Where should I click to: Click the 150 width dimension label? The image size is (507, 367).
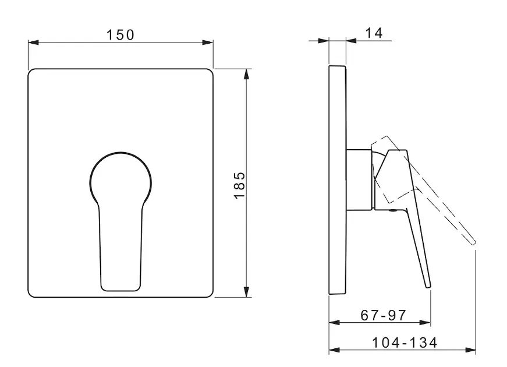click(120, 34)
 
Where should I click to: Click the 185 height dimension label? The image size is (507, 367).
click(240, 185)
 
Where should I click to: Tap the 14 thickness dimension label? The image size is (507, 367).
click(374, 33)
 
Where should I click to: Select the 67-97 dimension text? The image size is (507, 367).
click(383, 315)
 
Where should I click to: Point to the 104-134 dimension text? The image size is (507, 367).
click(405, 343)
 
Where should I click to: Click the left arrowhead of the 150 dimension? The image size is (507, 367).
click(33, 43)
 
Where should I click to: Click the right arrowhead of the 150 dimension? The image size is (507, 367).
click(208, 43)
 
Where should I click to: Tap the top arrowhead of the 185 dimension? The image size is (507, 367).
click(247, 74)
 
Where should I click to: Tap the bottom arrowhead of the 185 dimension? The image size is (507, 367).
click(247, 292)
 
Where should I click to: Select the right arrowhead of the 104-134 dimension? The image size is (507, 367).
click(471, 350)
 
